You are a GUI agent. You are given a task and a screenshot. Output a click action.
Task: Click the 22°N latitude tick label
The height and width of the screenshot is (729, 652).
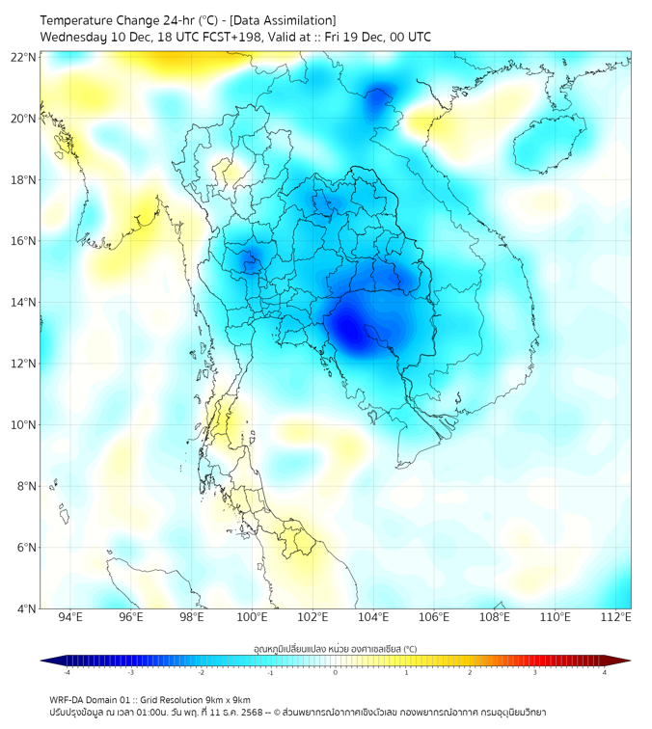[24, 58]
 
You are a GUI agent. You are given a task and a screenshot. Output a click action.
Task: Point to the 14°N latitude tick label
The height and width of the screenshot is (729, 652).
[24, 303]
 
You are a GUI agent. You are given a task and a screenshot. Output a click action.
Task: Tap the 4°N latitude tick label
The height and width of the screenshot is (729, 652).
[27, 608]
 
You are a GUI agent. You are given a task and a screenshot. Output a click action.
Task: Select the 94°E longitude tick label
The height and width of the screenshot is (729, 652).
[70, 617]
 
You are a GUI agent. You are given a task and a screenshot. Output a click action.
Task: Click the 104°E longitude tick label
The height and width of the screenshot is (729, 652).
[373, 617]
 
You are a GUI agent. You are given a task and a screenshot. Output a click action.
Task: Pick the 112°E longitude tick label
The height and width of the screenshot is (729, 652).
[615, 617]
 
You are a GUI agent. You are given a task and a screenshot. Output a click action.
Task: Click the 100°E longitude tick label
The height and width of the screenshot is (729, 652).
[252, 617]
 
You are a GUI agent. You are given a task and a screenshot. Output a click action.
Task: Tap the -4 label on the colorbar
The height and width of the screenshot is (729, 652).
[67, 672]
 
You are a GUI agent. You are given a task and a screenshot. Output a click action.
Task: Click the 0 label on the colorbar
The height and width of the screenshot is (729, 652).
[336, 672]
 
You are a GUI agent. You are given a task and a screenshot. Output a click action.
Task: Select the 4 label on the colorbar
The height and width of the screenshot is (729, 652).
[604, 672]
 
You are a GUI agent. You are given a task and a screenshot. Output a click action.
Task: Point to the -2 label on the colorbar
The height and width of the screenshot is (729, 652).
[201, 672]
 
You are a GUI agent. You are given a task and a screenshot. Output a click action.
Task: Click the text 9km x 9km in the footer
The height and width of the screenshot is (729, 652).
[224, 699]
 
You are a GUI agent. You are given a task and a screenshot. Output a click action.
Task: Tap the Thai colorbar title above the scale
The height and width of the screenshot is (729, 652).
[335, 649]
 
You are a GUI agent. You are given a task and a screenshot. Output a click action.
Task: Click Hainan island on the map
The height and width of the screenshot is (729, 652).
[549, 145]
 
